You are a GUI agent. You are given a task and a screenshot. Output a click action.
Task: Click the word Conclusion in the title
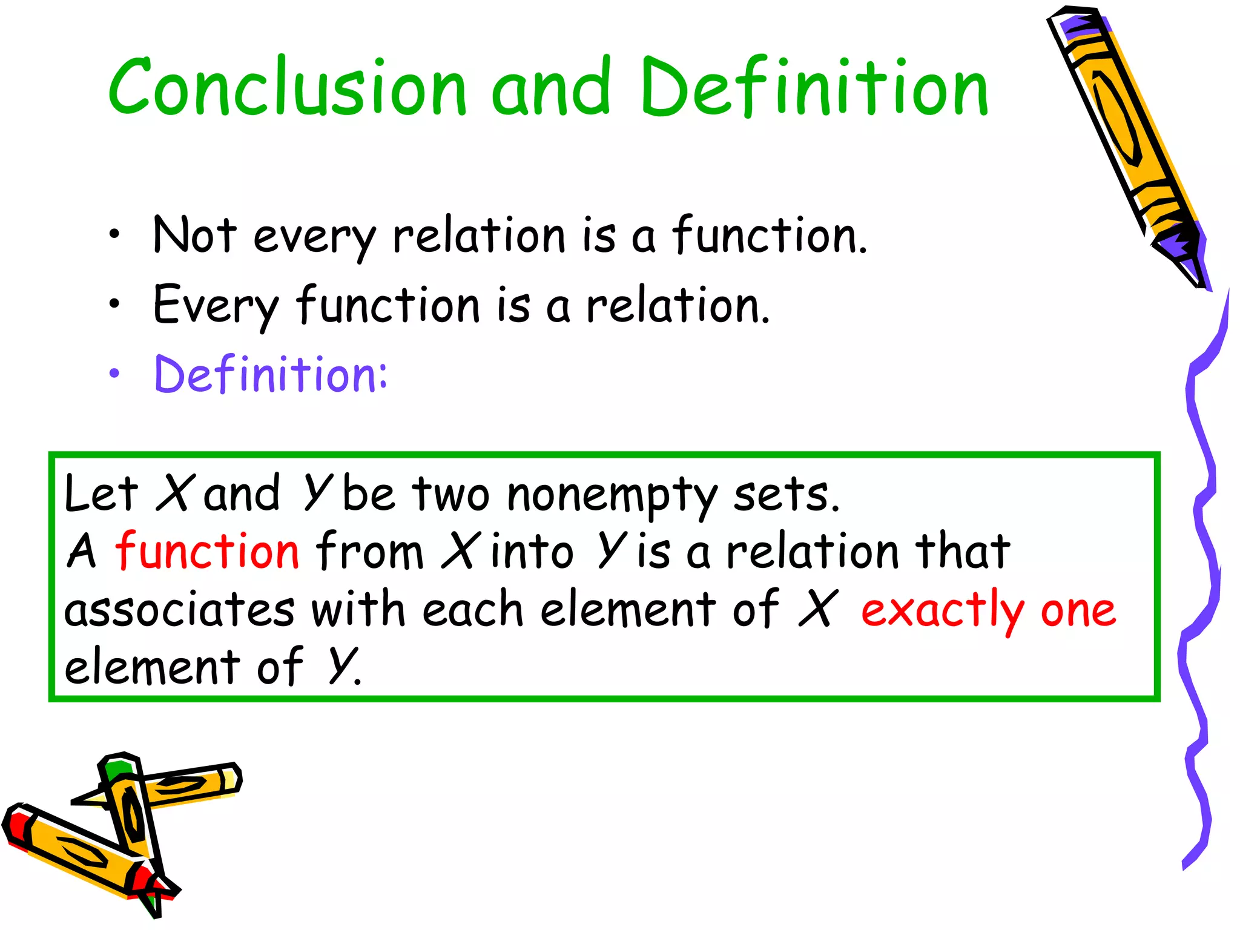coord(288,87)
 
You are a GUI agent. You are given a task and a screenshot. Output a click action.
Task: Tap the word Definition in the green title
coord(814,87)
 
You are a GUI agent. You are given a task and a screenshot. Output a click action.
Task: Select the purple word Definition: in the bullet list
coord(271,374)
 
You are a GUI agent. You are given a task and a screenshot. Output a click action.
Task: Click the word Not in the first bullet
coord(194,235)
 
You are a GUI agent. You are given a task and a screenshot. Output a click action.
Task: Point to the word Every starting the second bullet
coord(216,305)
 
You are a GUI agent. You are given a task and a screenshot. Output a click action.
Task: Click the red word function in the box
coord(207,551)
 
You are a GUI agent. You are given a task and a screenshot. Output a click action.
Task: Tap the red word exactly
coord(942,610)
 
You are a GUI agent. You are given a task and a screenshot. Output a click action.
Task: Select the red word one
coord(1078,610)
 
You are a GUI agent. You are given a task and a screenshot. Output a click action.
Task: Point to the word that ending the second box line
coord(962,551)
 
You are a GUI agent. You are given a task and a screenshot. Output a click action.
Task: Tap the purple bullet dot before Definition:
coord(114,374)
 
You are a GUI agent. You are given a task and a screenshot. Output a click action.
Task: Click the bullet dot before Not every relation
coord(114,235)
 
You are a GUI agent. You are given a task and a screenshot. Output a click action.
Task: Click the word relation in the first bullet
coord(479,235)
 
